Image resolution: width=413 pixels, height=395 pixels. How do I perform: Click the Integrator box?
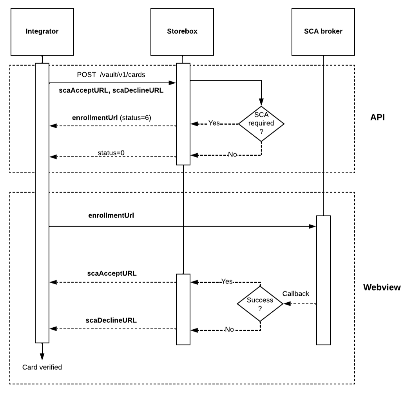point(42,31)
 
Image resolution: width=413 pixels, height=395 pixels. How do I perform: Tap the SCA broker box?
point(323,31)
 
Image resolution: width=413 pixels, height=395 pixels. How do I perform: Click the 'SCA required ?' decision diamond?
point(261,124)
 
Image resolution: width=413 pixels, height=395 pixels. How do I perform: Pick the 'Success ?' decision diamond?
point(260,304)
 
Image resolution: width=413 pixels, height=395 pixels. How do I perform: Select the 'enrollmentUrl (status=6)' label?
point(112,117)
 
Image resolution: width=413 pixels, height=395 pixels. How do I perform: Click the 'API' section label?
point(377,117)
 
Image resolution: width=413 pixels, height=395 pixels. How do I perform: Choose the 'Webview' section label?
point(382,287)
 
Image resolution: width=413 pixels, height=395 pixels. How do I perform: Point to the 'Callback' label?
point(296,294)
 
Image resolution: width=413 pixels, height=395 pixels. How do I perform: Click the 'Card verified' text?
point(42,367)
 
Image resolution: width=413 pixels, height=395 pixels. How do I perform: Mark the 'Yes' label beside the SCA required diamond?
point(214,123)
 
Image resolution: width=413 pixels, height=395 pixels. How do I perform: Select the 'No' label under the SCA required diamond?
point(232,154)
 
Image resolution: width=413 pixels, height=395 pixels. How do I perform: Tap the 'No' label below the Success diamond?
point(230,330)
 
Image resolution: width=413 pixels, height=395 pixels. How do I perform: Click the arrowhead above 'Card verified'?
point(42,356)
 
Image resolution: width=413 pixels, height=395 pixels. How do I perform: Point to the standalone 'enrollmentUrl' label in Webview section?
point(112,215)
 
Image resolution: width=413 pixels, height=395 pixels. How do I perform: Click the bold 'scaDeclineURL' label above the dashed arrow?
point(111,320)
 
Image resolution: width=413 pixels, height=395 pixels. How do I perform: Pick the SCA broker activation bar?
point(323,280)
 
